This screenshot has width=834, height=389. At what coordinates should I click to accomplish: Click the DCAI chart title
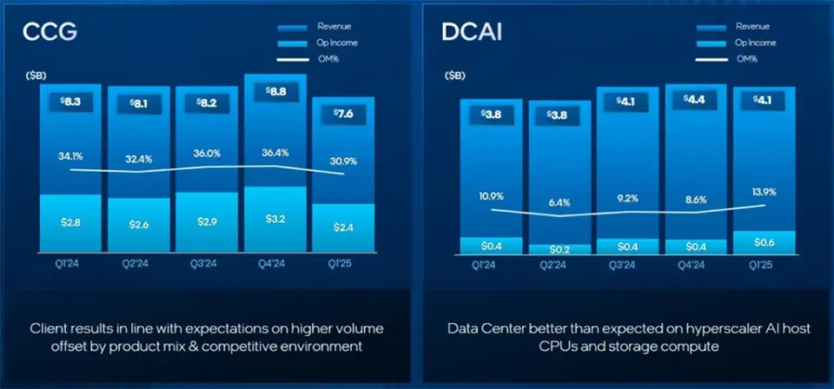[x=470, y=33]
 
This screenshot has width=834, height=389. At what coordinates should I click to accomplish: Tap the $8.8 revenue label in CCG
[x=275, y=89]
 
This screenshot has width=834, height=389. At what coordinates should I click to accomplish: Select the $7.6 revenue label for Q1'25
[x=342, y=114]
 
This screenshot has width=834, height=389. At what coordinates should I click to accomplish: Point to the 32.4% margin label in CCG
[x=139, y=160]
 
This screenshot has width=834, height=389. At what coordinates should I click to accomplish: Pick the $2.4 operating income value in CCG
[x=342, y=227]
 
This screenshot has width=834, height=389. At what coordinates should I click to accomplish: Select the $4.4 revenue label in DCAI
[x=695, y=99]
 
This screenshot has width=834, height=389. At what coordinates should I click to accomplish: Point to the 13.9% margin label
[x=764, y=191]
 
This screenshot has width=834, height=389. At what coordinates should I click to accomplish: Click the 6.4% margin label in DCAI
[x=559, y=202]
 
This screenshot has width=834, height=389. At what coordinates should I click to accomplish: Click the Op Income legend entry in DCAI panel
[x=751, y=43]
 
